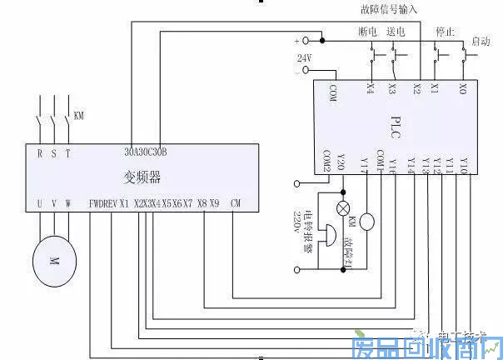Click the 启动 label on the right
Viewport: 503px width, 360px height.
click(481, 40)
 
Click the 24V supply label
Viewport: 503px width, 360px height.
click(304, 57)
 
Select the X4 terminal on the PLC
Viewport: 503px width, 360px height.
click(370, 87)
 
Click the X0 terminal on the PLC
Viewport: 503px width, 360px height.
click(462, 87)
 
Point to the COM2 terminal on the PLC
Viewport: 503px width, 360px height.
click(327, 160)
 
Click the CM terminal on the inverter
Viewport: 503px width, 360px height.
click(236, 203)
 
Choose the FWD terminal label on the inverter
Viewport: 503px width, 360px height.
click(97, 203)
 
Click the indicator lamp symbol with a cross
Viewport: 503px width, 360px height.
click(341, 207)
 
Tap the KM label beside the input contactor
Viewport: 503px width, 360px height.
click(79, 114)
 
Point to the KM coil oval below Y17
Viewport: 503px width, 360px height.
click(367, 222)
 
